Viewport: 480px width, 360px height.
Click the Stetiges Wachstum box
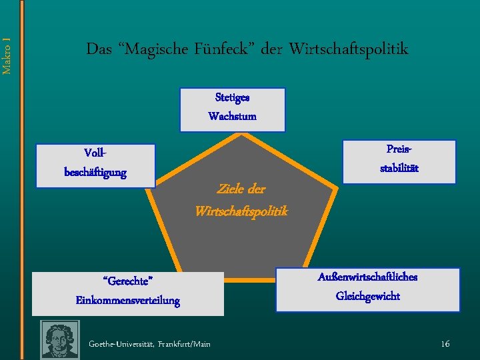click(x=232, y=109)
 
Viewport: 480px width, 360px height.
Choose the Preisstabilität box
click(x=399, y=161)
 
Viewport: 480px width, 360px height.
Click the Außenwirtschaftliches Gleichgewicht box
click(x=368, y=289)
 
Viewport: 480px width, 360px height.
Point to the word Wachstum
click(x=232, y=117)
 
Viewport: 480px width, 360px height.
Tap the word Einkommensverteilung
click(x=128, y=301)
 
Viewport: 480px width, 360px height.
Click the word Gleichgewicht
click(x=368, y=296)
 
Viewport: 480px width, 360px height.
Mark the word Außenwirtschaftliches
click(x=368, y=277)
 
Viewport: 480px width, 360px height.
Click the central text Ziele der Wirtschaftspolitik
click(x=241, y=200)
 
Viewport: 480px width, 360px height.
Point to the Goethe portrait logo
click(x=60, y=340)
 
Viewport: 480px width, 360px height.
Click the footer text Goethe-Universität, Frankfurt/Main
click(x=149, y=344)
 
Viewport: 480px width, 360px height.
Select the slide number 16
click(x=445, y=343)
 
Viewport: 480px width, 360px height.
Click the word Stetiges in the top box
click(x=232, y=97)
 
